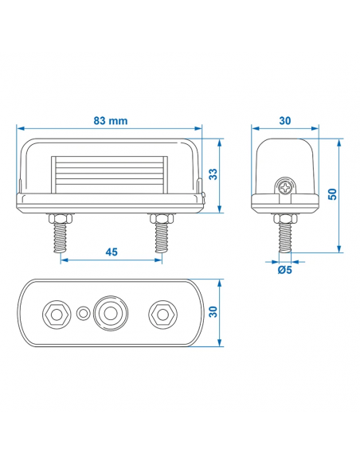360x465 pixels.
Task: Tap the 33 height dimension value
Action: click(213, 174)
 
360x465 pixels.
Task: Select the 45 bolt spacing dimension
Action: click(111, 252)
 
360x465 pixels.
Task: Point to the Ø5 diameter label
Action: click(284, 270)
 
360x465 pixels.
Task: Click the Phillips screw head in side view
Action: click(285, 187)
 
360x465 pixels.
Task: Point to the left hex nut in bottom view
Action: click(57, 314)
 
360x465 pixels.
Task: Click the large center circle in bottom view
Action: click(110, 314)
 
